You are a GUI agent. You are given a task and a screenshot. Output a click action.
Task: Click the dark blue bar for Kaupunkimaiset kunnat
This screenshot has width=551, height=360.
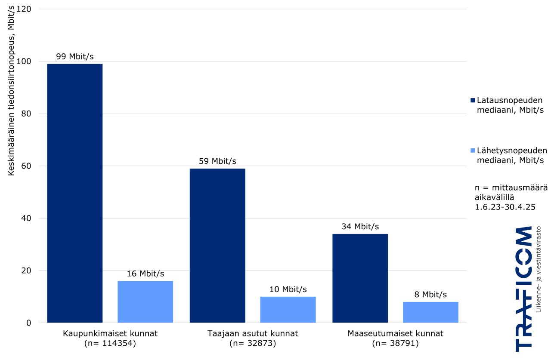pyautogui.click(x=75, y=194)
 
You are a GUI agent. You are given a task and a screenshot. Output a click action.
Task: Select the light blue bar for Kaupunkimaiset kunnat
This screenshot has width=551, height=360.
pyautogui.click(x=145, y=302)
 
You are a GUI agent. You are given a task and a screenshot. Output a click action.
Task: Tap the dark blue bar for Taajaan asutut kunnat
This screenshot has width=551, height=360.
pyautogui.click(x=217, y=246)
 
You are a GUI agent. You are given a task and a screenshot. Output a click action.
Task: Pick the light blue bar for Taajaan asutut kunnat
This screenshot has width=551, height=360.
pyautogui.click(x=288, y=310)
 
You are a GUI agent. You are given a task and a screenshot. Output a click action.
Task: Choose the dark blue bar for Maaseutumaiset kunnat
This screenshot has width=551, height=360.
pyautogui.click(x=360, y=278)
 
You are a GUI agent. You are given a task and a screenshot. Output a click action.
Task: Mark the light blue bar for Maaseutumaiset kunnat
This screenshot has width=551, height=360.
pyautogui.click(x=430, y=312)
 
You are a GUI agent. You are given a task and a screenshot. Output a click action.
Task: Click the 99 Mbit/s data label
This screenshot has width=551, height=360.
pyautogui.click(x=75, y=57)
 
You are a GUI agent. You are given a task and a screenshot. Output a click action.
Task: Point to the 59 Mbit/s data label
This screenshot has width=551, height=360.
pyautogui.click(x=217, y=161)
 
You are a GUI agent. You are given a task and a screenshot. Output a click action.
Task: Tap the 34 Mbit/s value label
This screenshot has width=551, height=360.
pyautogui.click(x=360, y=227)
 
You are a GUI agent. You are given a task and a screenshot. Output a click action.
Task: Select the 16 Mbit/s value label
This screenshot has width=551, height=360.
pyautogui.click(x=145, y=274)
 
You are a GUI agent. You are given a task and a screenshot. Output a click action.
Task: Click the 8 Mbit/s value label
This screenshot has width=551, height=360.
pyautogui.click(x=430, y=295)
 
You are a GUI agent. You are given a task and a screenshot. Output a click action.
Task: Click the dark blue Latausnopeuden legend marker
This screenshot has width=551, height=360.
pyautogui.click(x=473, y=100)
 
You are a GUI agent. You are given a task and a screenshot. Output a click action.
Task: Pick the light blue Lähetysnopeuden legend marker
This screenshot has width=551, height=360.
pyautogui.click(x=473, y=151)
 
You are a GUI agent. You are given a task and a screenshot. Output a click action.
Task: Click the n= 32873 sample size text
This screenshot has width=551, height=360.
pyautogui.click(x=253, y=344)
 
